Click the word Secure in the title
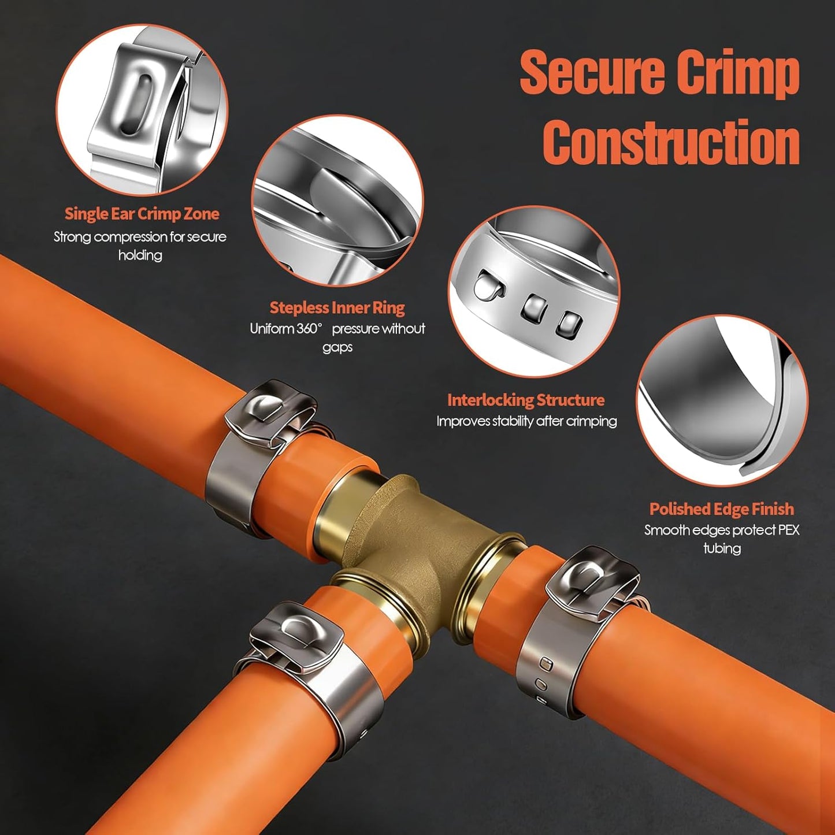[593, 71]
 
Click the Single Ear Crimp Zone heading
[142, 214]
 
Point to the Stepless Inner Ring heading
[337, 307]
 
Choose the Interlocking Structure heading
[526, 400]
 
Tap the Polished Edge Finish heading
[722, 509]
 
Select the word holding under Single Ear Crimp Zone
[140, 255]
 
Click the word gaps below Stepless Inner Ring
[337, 348]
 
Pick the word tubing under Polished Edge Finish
[722, 548]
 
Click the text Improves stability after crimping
[526, 421]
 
